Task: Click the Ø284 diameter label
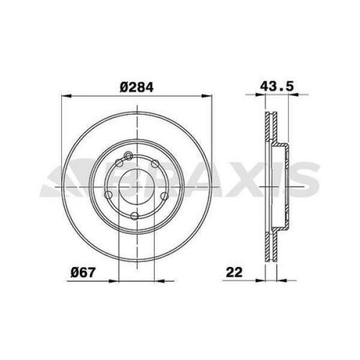136,87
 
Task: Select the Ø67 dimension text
83,272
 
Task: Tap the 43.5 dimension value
277,86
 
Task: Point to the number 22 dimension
234,272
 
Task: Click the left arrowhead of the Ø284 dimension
67,96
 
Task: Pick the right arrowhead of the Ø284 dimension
206,96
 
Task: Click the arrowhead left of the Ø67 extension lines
114,281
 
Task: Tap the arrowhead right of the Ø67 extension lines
160,281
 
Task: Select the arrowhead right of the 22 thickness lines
282,280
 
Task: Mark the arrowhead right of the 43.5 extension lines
293,94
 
